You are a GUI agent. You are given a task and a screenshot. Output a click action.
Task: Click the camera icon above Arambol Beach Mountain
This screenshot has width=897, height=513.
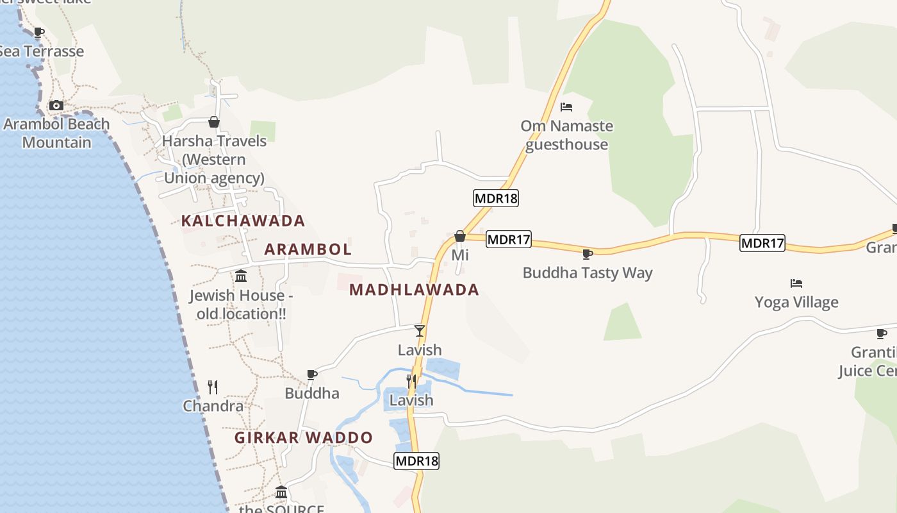56,105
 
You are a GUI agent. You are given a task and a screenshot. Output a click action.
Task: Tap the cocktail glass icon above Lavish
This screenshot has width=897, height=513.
420,331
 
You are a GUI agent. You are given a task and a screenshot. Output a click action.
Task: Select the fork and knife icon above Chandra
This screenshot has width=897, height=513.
213,387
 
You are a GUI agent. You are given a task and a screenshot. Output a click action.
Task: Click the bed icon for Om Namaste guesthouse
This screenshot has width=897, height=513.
566,107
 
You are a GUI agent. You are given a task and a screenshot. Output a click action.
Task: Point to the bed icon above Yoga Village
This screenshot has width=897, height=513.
796,283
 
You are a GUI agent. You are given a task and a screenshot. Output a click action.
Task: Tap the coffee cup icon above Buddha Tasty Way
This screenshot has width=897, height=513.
587,254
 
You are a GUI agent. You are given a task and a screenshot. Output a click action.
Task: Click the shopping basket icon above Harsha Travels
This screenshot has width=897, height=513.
214,122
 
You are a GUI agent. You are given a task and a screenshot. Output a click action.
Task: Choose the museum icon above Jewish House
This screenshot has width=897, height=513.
241,276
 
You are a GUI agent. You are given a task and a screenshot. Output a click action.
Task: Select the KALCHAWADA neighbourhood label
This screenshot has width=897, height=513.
243,221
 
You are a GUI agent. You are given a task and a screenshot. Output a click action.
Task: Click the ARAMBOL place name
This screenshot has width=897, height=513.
308,249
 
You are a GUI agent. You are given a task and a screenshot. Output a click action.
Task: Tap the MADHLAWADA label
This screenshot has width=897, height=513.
415,289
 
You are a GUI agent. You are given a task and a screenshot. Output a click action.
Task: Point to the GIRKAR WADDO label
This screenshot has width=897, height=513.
304,437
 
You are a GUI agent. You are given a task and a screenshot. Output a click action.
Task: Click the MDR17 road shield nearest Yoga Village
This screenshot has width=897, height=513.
762,243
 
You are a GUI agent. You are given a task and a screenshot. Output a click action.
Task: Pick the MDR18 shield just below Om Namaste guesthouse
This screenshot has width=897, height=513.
496,198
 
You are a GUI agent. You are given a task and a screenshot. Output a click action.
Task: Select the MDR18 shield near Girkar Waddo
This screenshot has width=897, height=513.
416,460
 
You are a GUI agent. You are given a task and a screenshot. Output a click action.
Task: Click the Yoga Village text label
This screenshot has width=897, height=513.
796,302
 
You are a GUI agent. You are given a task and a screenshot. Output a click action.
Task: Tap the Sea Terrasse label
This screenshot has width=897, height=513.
42,51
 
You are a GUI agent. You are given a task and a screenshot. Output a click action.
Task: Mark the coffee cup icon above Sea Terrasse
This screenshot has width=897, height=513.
38,32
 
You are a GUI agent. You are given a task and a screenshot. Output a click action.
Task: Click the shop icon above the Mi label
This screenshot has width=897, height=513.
460,236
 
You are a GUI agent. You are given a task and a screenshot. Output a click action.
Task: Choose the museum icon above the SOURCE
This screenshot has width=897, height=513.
281,492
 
